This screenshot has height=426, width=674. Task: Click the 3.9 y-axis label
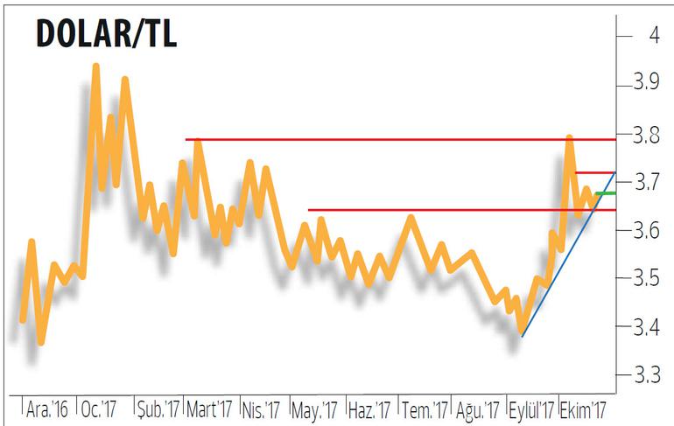(648, 83)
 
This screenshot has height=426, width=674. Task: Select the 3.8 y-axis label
(648, 135)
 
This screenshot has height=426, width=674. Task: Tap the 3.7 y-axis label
(648, 183)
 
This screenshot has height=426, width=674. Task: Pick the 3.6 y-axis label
(648, 230)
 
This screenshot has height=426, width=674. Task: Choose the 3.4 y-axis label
(648, 328)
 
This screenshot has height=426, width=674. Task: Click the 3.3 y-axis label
(648, 376)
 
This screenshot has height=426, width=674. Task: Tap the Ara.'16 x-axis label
(48, 409)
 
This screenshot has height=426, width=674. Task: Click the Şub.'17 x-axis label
(158, 409)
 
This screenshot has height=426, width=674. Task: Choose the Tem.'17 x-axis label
(425, 409)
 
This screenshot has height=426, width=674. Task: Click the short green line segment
(605, 192)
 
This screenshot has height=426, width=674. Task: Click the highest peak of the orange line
(95, 66)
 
